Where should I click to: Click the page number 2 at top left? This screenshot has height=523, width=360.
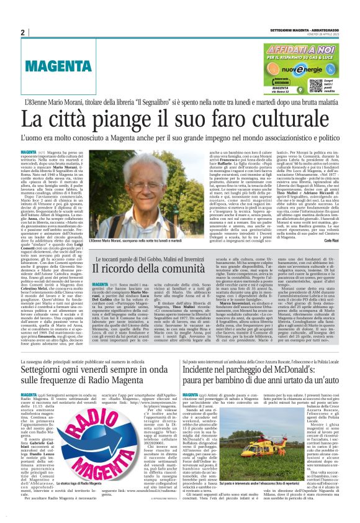point(22,32)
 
